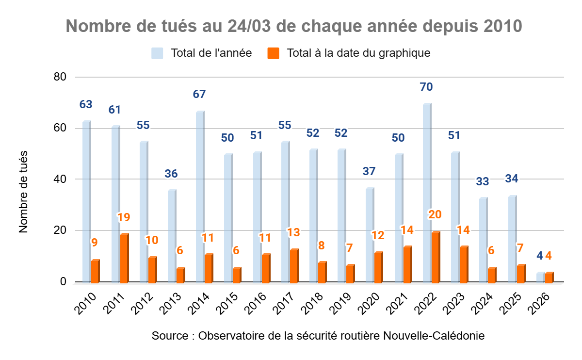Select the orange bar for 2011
124,258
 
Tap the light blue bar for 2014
200,197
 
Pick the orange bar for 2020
378,267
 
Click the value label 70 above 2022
427,87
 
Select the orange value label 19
124,217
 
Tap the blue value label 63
86,104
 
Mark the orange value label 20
435,214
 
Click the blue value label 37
369,171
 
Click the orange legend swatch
274,53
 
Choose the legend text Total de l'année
211,53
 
